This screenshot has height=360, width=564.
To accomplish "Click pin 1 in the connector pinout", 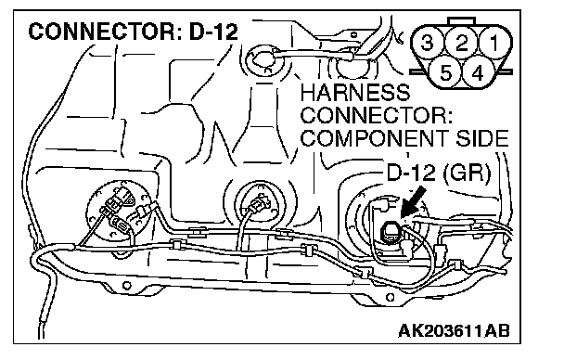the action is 494,43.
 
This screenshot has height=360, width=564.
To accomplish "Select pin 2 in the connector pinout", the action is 461,43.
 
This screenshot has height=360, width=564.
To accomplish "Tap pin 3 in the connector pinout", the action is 427,43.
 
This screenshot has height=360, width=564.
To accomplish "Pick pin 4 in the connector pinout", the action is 478,73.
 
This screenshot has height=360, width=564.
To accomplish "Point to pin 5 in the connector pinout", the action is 445,73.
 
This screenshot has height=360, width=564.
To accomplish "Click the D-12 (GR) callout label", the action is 439,173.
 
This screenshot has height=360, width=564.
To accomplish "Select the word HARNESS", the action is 355,93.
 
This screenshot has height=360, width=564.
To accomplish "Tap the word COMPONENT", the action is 374,138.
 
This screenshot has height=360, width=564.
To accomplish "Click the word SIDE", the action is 482,138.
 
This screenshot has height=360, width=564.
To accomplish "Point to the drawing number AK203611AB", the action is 454,330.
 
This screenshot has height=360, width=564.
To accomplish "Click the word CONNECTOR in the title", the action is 101,32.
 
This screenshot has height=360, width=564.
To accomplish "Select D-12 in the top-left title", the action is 213,32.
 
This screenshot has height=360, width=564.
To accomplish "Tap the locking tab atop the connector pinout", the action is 462,21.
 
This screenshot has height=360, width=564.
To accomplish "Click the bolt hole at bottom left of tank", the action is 126,286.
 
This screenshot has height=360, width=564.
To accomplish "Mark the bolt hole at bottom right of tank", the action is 391,298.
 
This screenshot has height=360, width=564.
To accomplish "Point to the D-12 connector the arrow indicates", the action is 391,232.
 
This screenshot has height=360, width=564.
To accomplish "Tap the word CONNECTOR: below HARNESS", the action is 377,115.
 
